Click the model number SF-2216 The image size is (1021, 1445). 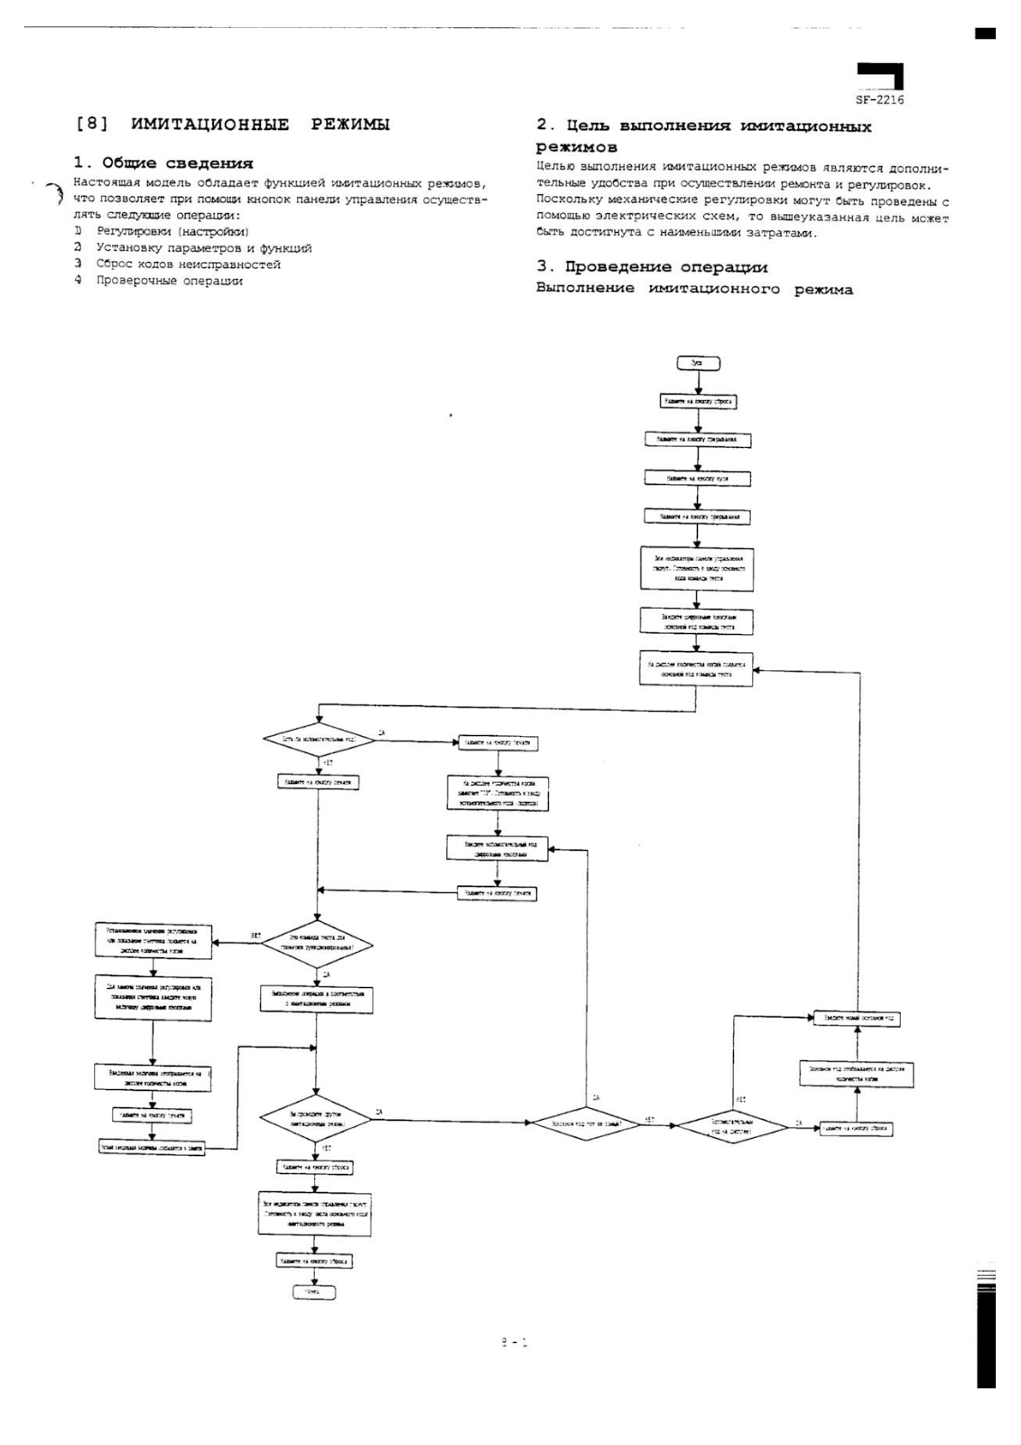[x=879, y=100]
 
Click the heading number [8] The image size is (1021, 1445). [x=92, y=125]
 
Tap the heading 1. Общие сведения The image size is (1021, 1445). [x=162, y=163]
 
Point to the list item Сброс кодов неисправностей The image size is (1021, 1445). [x=188, y=265]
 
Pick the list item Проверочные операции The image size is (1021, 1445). [x=170, y=281]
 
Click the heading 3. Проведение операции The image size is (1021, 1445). [x=652, y=267]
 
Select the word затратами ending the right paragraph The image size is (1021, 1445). [x=784, y=233]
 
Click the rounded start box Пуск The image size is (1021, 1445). [x=697, y=363]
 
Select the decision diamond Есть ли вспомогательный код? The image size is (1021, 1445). [x=317, y=739]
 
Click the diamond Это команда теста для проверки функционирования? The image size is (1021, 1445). [x=316, y=945]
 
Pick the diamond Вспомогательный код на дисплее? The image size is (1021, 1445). [x=731, y=1126]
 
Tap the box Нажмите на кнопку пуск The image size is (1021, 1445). [x=697, y=479]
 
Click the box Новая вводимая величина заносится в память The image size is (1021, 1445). [x=152, y=1148]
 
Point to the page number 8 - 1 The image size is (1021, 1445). [x=514, y=1343]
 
